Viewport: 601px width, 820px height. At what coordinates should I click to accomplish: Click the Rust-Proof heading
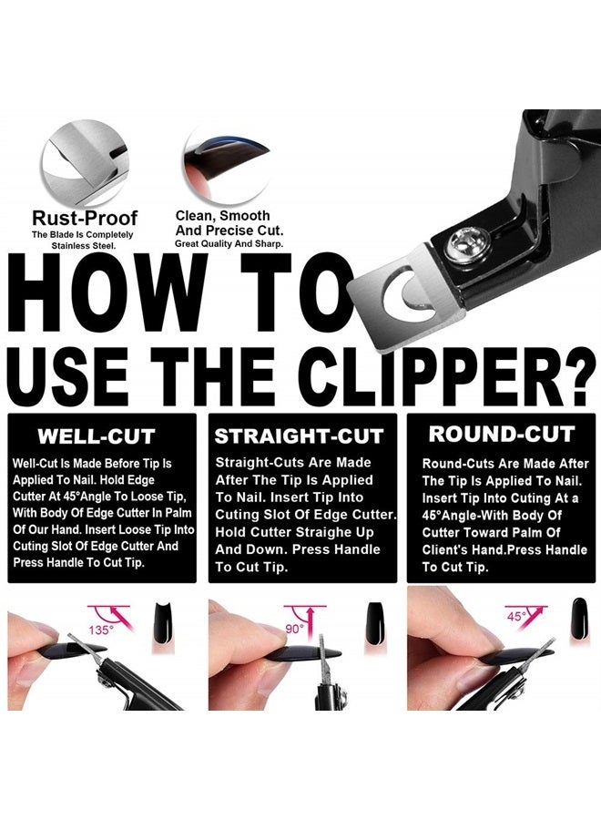85,218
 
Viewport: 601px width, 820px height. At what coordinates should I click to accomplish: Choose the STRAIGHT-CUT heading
298,436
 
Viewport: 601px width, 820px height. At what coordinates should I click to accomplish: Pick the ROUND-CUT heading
501,434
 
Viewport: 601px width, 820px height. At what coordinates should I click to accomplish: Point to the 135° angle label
101,630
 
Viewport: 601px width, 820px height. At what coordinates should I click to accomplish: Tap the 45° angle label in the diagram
516,616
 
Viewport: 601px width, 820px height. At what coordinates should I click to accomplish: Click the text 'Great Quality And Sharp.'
229,243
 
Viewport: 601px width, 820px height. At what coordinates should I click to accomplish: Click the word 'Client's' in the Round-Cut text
447,550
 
